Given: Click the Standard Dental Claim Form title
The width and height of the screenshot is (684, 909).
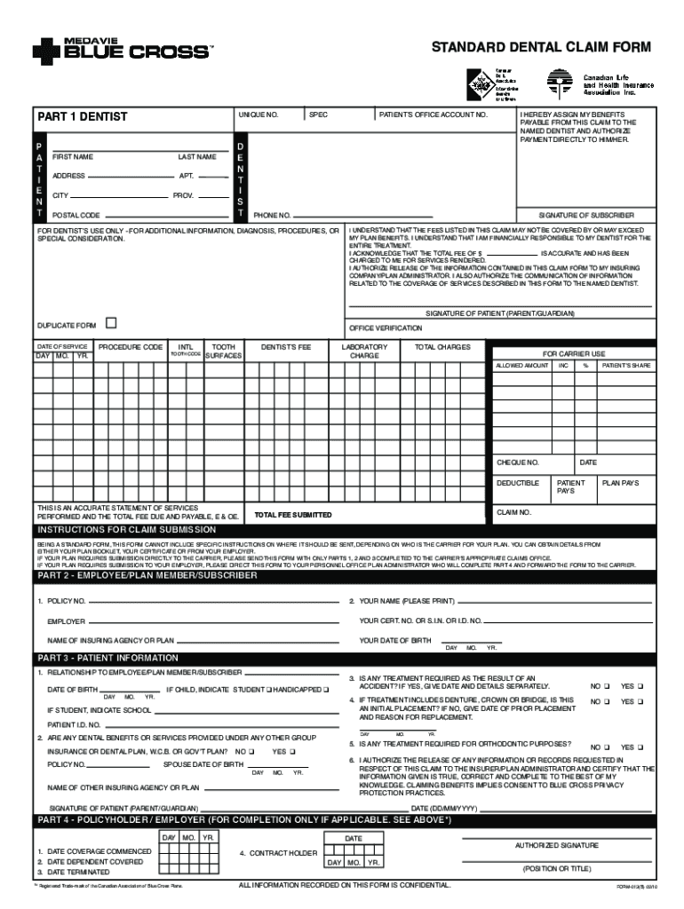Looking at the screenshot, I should point(540,47).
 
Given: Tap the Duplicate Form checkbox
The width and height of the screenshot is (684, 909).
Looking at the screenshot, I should point(111,324).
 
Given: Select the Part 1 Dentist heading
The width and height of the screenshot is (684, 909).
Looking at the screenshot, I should point(83,116).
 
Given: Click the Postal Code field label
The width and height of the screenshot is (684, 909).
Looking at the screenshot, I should point(76,216).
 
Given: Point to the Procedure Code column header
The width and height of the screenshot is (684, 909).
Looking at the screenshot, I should point(131,347).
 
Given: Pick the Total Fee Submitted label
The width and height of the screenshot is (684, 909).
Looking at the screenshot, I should point(293,515).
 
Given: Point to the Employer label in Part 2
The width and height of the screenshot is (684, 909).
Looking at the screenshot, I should point(67,621).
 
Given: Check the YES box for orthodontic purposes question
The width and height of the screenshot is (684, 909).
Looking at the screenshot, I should point(647,747).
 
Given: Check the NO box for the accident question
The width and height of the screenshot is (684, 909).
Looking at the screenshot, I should point(607,686).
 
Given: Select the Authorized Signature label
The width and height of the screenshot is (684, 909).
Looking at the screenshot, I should point(557,845).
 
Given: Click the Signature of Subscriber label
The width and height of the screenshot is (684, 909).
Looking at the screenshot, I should point(586,215).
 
